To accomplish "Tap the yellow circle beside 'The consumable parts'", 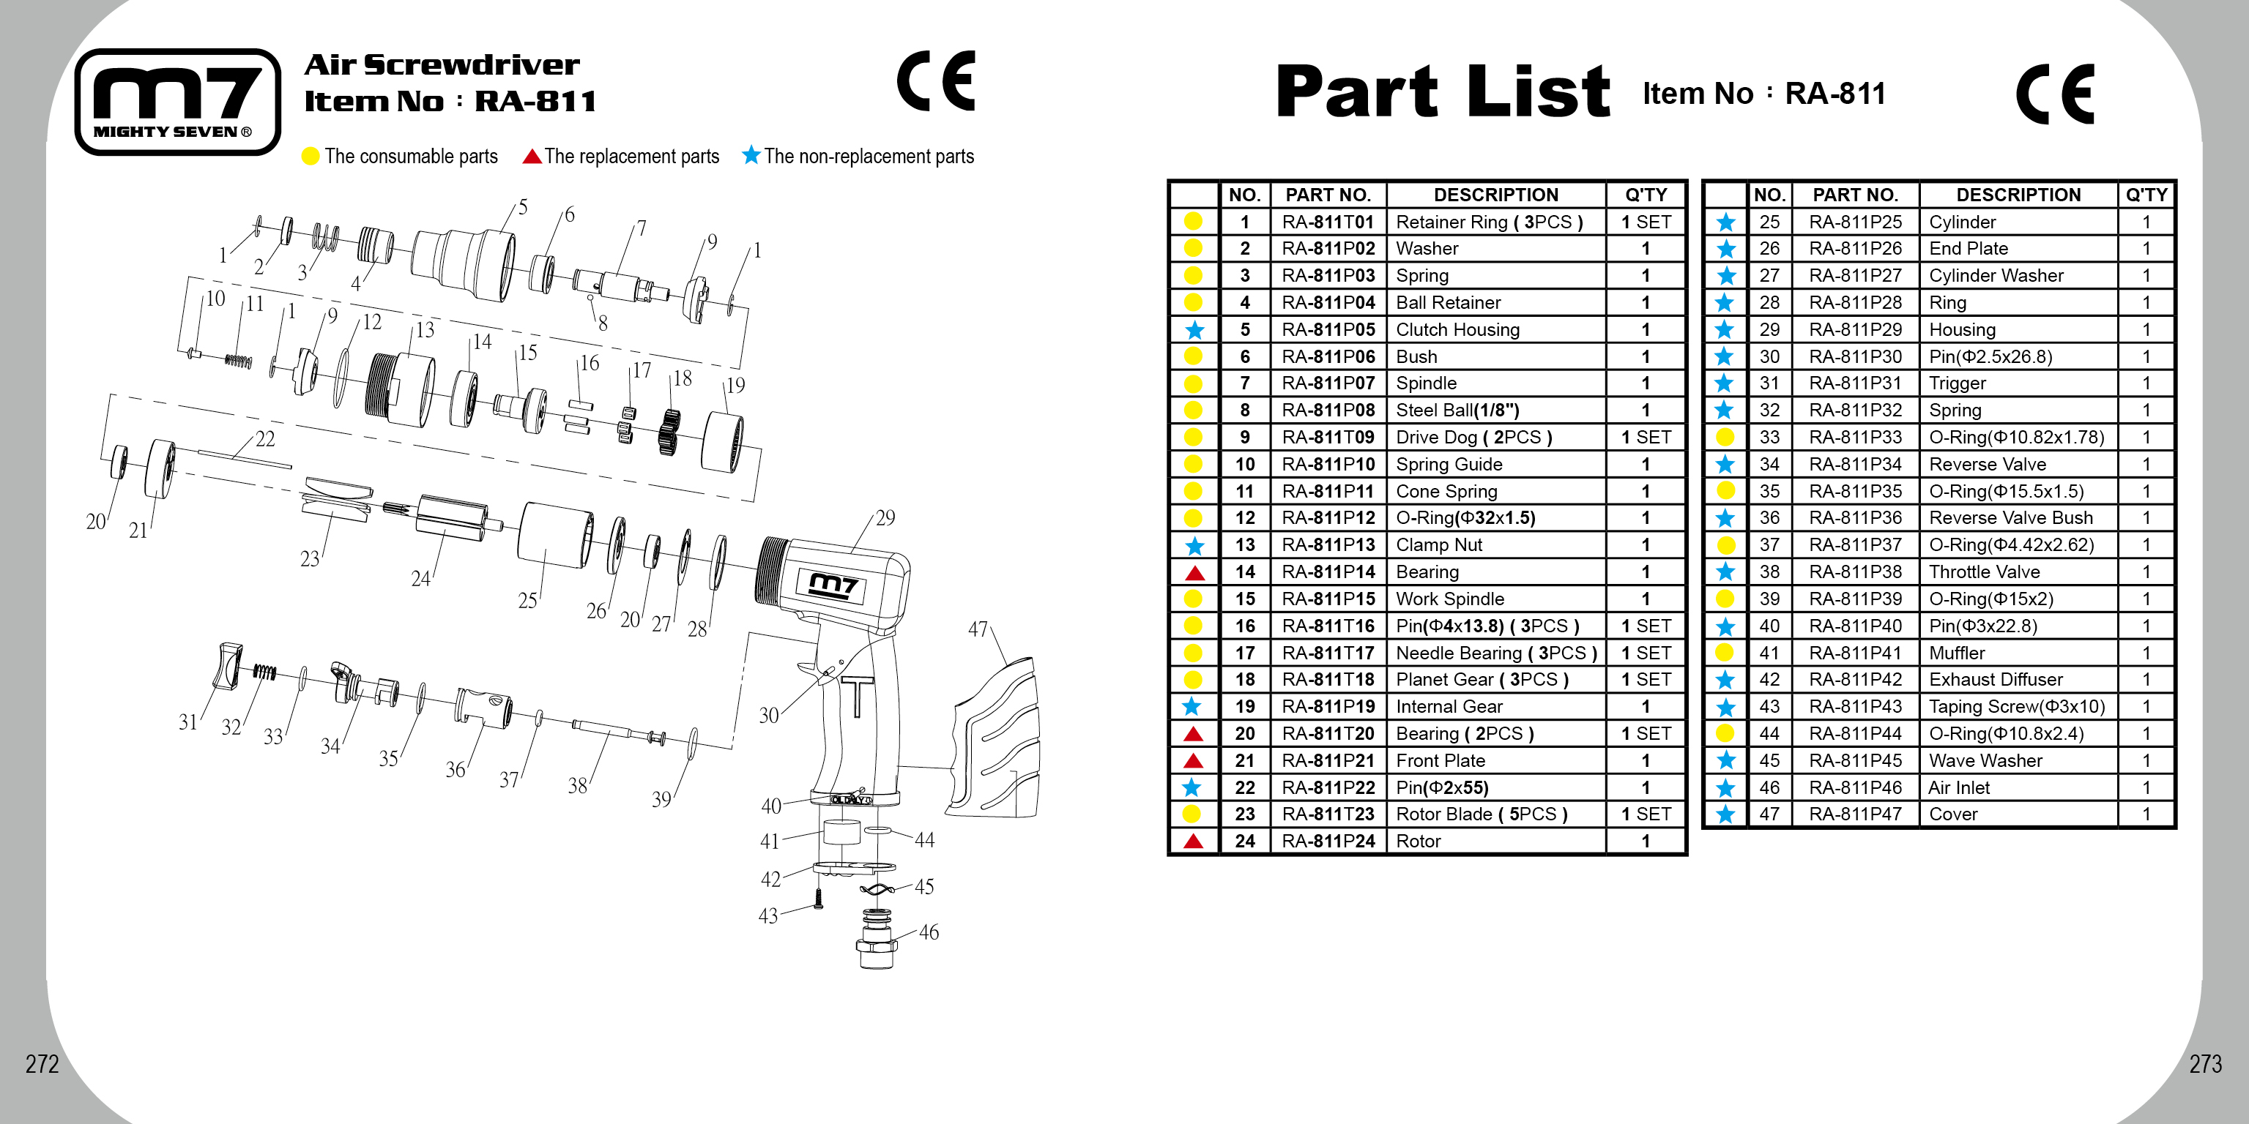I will pyautogui.click(x=310, y=156).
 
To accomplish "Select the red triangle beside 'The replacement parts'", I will pyautogui.click(x=532, y=156).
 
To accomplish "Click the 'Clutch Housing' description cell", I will pyautogui.click(x=1495, y=330).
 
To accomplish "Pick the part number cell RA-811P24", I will pyautogui.click(x=1327, y=842).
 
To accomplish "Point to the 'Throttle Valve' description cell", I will pyautogui.click(x=2017, y=572).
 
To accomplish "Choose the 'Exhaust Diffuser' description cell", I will pyautogui.click(x=2017, y=680).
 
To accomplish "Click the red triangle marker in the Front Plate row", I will pyautogui.click(x=1194, y=761).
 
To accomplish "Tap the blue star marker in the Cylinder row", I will pyautogui.click(x=1725, y=222).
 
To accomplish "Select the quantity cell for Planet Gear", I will pyautogui.click(x=1645, y=680).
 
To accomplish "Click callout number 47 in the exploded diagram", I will pyautogui.click(x=978, y=629).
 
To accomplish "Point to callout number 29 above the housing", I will pyautogui.click(x=885, y=517).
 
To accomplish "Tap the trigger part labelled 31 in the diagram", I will pyautogui.click(x=228, y=667).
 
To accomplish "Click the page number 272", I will pyautogui.click(x=42, y=1064).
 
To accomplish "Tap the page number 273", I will pyautogui.click(x=2204, y=1064).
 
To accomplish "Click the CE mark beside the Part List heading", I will pyautogui.click(x=2054, y=94).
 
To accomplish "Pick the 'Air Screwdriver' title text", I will pyautogui.click(x=441, y=64).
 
